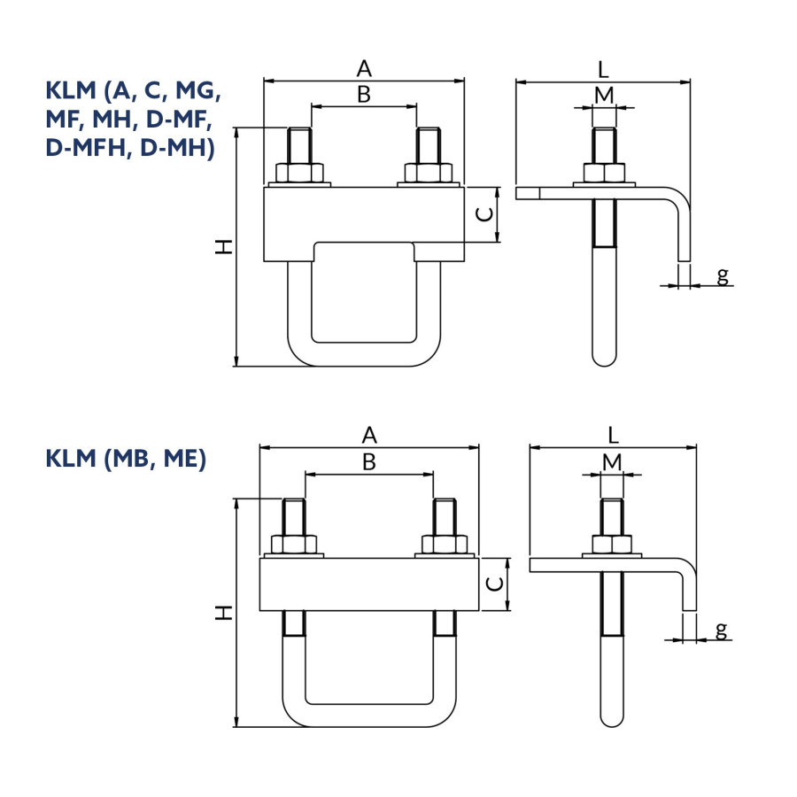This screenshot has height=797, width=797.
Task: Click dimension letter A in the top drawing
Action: pos(364,68)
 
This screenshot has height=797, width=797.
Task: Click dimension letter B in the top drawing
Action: pos(364,95)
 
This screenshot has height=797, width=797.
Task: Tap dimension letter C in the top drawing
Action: pos(485,214)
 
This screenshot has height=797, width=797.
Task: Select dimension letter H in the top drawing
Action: pos(224,247)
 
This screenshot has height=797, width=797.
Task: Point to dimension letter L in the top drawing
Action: pos(603,69)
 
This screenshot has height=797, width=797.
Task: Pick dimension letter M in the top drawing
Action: pos(604,95)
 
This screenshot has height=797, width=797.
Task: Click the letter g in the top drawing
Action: pos(723,276)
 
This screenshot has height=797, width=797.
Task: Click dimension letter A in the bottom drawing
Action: pos(369,436)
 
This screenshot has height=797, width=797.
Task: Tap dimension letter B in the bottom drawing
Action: pos(369,462)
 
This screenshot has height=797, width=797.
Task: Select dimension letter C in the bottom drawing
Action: pos(494,584)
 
